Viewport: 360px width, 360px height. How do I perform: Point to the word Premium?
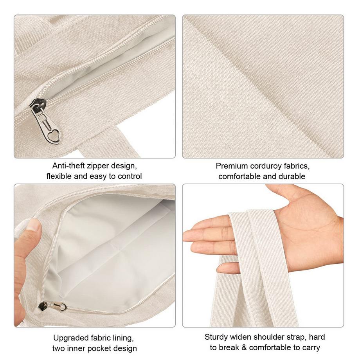231,166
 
